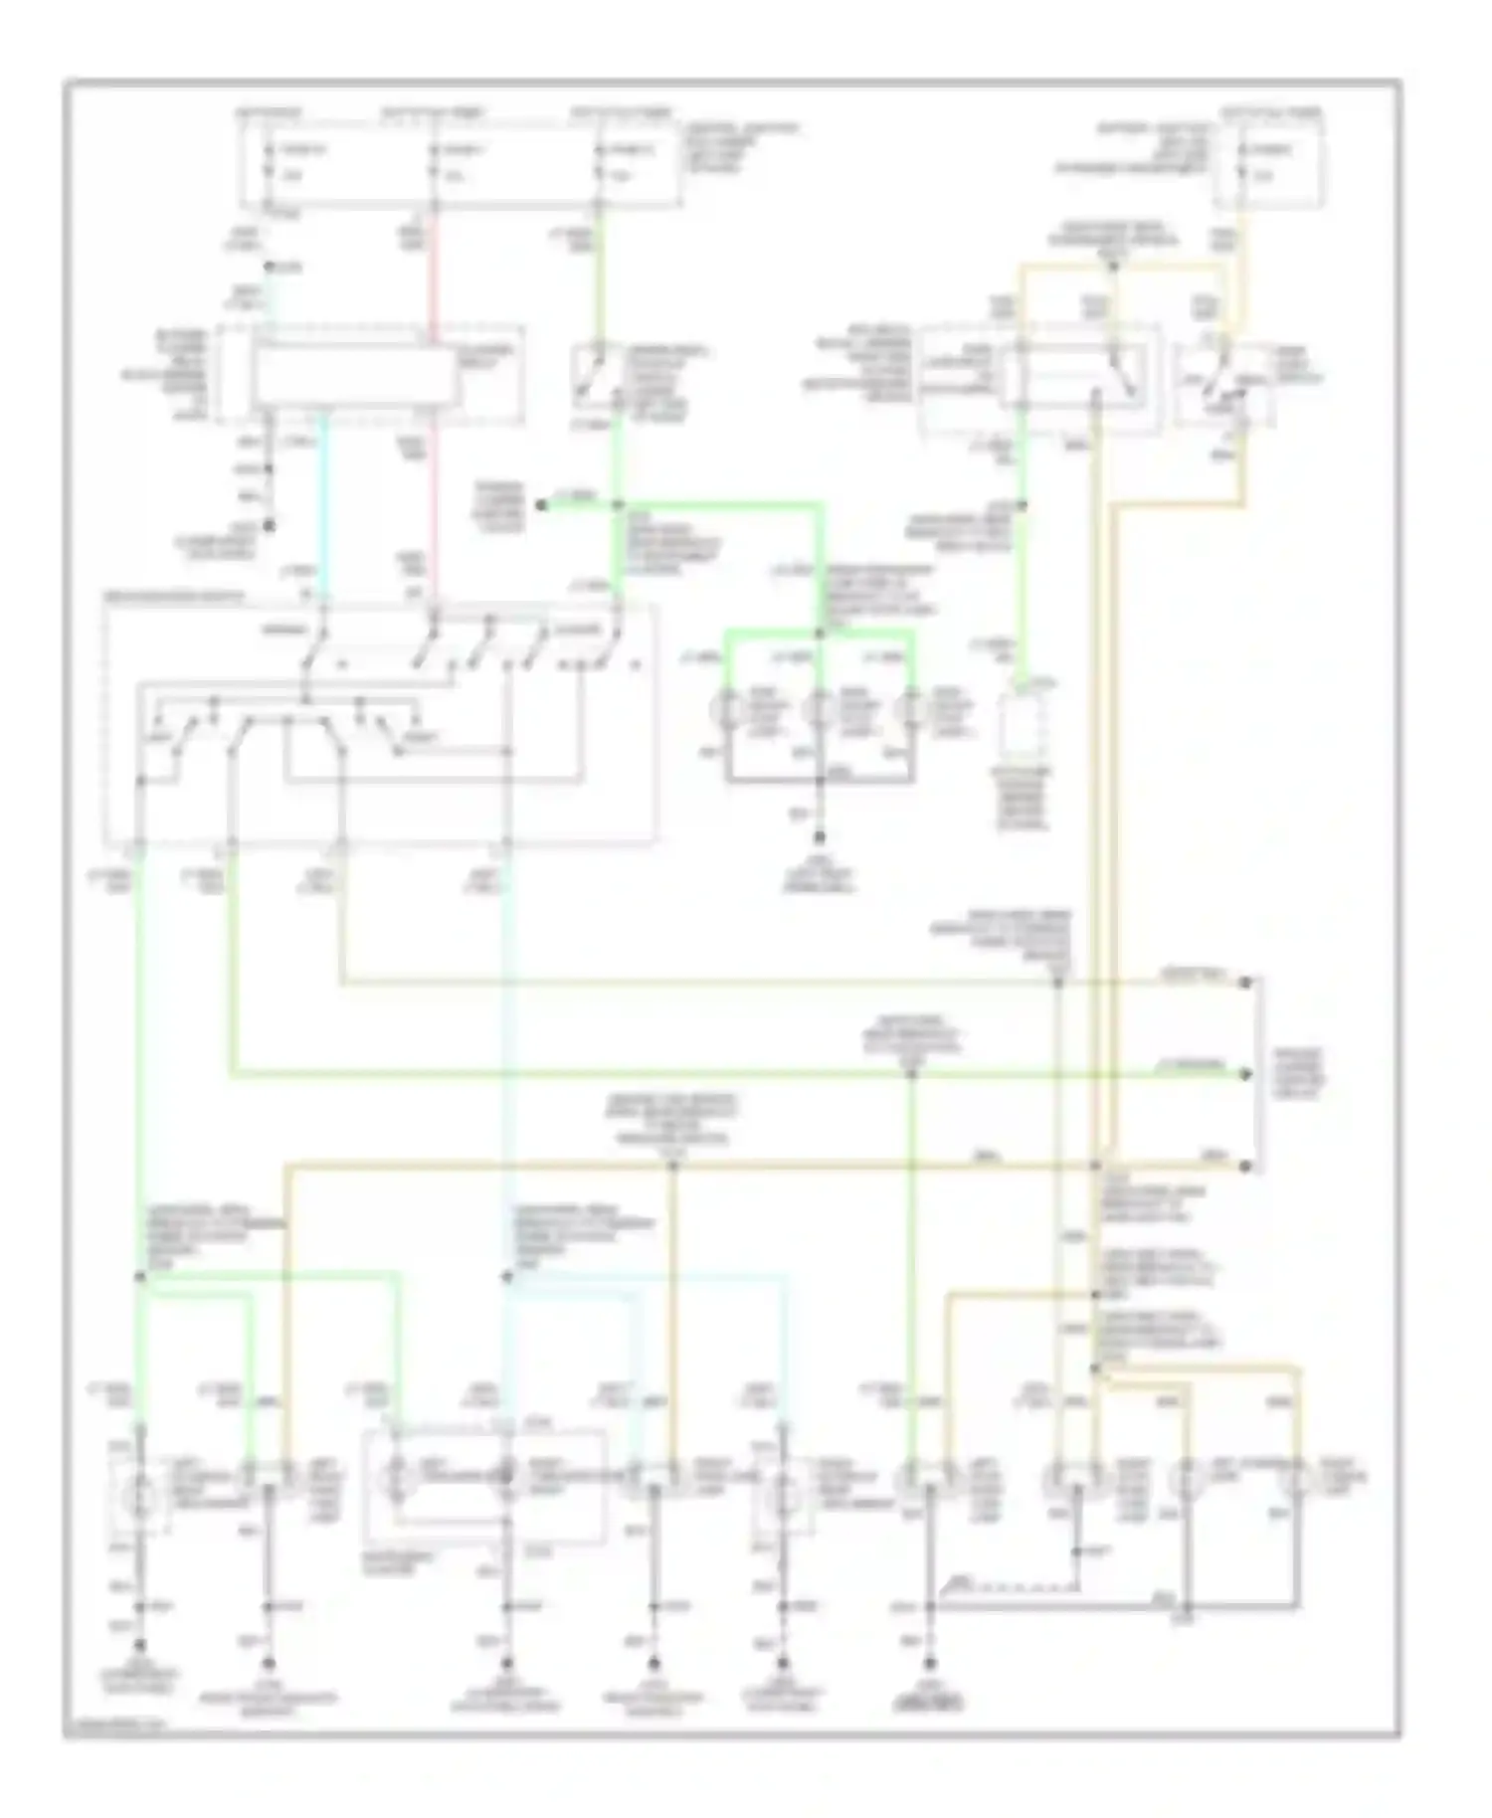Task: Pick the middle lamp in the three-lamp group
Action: point(820,711)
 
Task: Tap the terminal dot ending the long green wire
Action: point(1244,1074)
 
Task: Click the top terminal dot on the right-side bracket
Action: point(1244,983)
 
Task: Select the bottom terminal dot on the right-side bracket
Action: point(1244,1166)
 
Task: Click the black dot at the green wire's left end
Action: point(541,505)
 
